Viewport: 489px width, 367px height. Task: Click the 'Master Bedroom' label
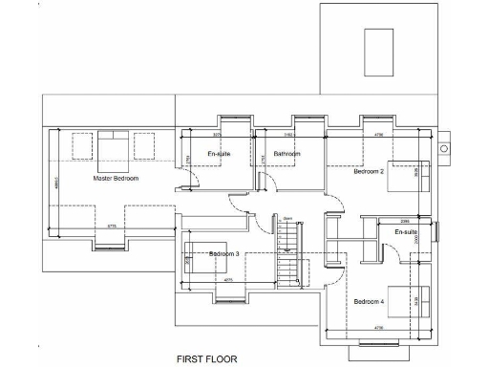click(x=116, y=179)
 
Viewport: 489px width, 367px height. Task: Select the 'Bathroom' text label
click(x=287, y=154)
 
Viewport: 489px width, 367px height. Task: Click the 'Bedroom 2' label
click(x=369, y=172)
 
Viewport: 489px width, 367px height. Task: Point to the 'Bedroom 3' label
click(x=223, y=253)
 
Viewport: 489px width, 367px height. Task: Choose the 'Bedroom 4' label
click(x=369, y=302)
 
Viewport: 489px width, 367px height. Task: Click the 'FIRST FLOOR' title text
click(x=206, y=359)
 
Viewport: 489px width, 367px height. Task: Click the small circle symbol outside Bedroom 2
click(x=444, y=149)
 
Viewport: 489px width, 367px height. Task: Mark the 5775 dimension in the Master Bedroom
click(x=112, y=227)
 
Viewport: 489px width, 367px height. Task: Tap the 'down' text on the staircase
click(x=287, y=218)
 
